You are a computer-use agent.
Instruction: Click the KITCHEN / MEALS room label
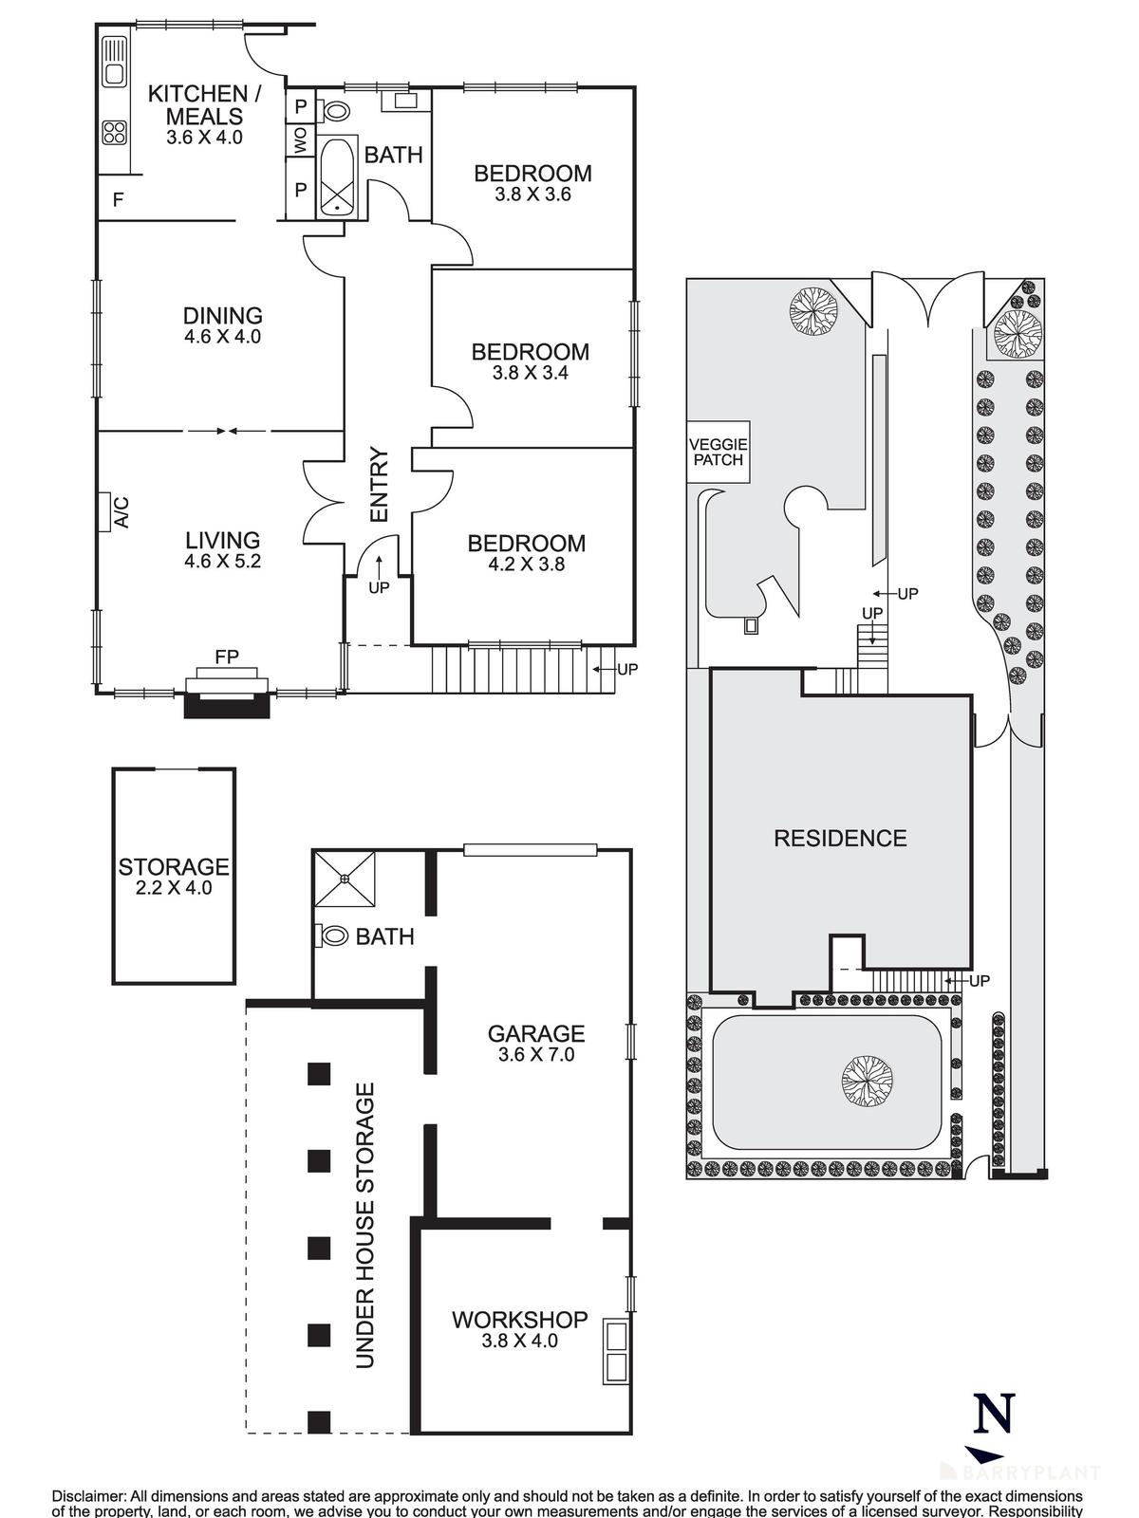pos(204,105)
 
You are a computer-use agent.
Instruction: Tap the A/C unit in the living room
pos(103,511)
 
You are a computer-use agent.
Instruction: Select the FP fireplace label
pos(226,656)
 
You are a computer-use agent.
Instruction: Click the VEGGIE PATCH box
pos(719,452)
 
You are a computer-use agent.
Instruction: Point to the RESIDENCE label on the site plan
pos(840,838)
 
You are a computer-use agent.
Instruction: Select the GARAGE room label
pos(536,1033)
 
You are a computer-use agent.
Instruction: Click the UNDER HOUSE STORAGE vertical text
pos(365,1224)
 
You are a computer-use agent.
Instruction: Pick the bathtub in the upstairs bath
pos(336,176)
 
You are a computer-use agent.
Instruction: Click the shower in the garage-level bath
pos(345,879)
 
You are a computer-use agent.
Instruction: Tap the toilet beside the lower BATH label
pos(333,936)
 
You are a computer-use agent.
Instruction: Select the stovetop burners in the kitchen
pos(115,133)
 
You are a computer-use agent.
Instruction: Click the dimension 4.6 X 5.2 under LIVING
pos(223,562)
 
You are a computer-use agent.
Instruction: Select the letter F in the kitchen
pos(119,200)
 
